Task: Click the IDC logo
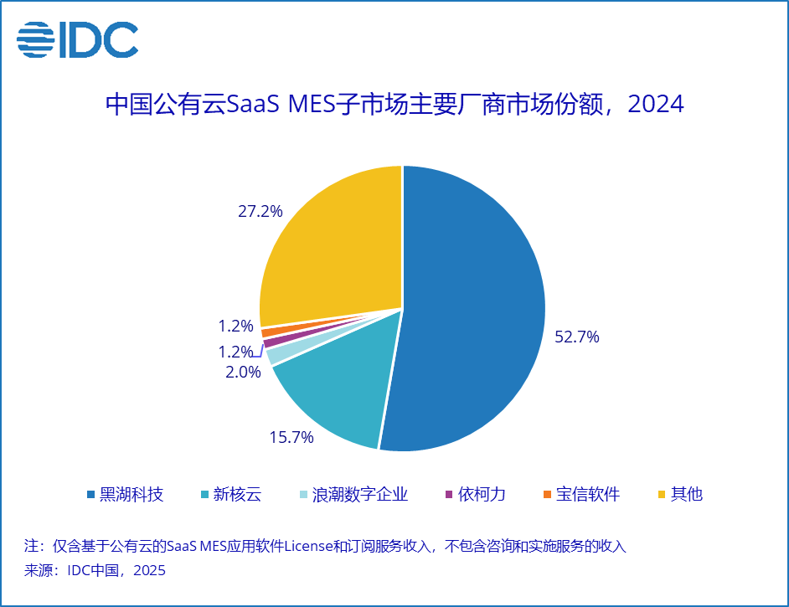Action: tap(77, 39)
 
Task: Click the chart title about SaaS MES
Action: tap(394, 105)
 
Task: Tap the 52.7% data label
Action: tap(577, 337)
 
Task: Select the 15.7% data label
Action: tap(291, 436)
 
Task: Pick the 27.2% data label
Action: tap(260, 211)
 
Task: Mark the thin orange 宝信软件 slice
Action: tap(267, 332)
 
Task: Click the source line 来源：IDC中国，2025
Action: tap(95, 571)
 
